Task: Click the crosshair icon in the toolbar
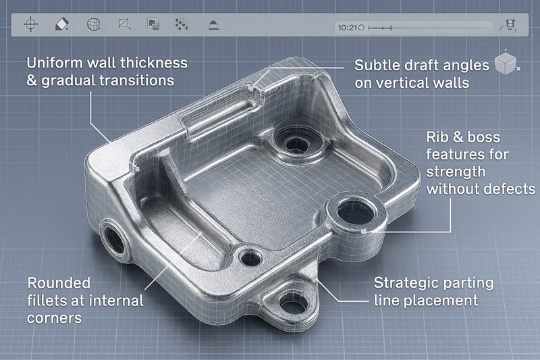coord(30,25)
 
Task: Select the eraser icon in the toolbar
coord(61,25)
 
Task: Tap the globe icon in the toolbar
coord(93,25)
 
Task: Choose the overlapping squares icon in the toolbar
coord(153,25)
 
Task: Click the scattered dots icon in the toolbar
coord(181,25)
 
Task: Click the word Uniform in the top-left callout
coord(55,63)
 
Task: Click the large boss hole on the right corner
coord(354,214)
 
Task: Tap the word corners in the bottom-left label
coord(54,317)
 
